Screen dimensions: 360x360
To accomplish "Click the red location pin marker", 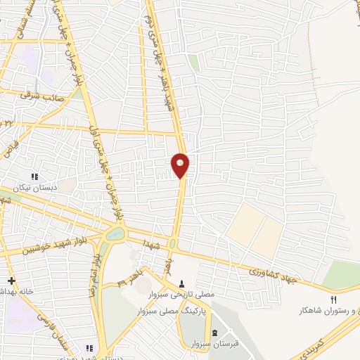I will (181, 165).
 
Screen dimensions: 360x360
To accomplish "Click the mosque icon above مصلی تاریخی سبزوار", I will (183, 284).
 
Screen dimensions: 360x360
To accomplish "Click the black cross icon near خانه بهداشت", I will (11, 281).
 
